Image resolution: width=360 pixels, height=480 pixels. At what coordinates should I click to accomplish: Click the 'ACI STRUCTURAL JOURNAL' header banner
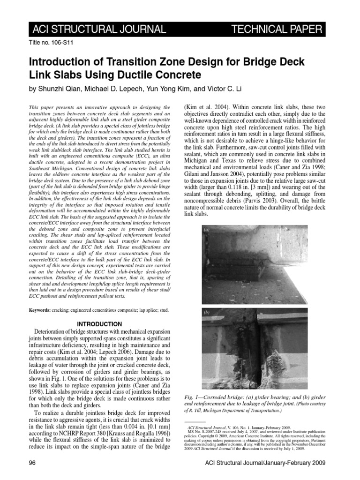point(98,30)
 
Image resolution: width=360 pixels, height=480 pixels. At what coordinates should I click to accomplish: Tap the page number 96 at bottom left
point(33,463)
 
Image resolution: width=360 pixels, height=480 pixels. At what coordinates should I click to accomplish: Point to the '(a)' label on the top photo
point(207,230)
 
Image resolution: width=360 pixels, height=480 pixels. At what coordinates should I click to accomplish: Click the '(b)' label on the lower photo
point(207,312)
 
